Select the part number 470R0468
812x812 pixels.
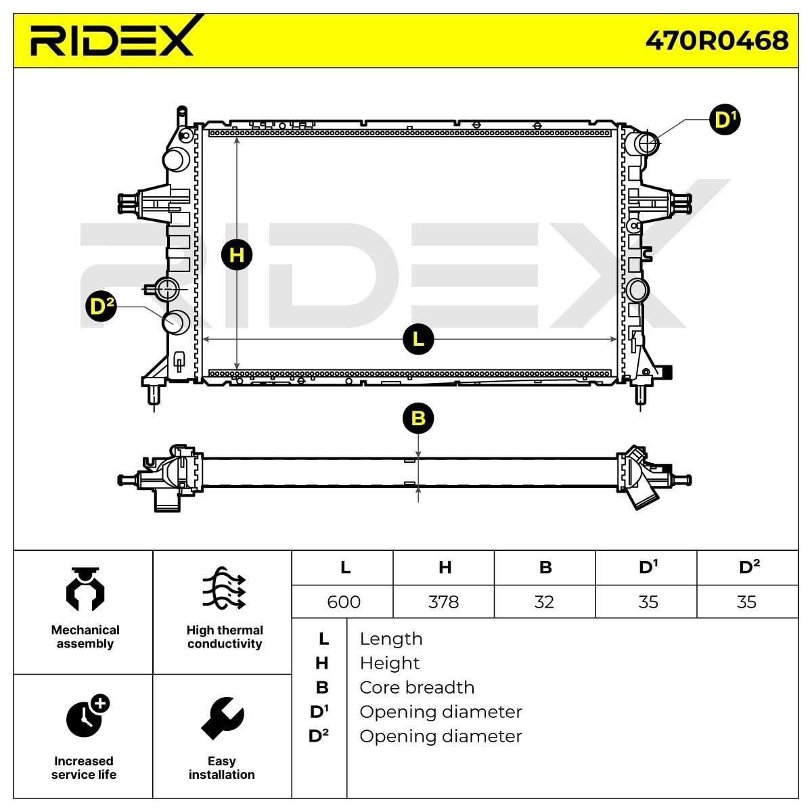pyautogui.click(x=717, y=41)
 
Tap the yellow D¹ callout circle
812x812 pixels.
pyautogui.click(x=725, y=120)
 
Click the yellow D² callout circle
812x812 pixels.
pyautogui.click(x=101, y=307)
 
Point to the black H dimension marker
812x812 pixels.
pyautogui.click(x=237, y=255)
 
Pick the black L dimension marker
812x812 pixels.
pyautogui.click(x=418, y=338)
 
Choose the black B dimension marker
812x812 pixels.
pyautogui.click(x=418, y=418)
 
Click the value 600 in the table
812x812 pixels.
pyautogui.click(x=344, y=602)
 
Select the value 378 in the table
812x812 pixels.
pyautogui.click(x=444, y=602)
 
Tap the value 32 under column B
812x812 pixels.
pyautogui.click(x=545, y=602)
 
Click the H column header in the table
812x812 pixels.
pyautogui.click(x=445, y=567)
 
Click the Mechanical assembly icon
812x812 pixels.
pyautogui.click(x=85, y=590)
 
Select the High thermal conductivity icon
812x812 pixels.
pyautogui.click(x=224, y=589)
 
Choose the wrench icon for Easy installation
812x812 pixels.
pyautogui.click(x=222, y=719)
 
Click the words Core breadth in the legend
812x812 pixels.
pyautogui.click(x=417, y=687)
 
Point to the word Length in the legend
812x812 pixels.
pyautogui.click(x=391, y=639)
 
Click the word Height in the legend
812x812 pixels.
pyautogui.click(x=390, y=663)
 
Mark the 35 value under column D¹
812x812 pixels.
pyautogui.click(x=648, y=602)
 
